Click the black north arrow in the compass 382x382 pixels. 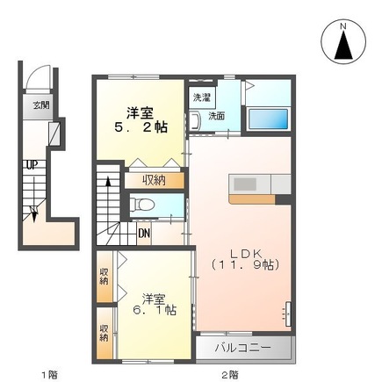click(x=343, y=45)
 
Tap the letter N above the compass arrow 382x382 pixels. click(x=343, y=26)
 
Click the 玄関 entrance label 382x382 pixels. click(x=40, y=105)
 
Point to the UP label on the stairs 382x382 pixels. click(x=32, y=165)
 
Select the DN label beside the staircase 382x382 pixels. click(x=144, y=234)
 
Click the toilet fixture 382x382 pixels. click(x=141, y=204)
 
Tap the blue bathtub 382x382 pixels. click(x=268, y=119)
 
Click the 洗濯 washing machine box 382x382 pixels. click(x=202, y=97)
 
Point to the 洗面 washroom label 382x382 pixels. click(x=217, y=116)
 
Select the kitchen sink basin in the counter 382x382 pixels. click(x=245, y=184)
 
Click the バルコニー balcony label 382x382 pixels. click(x=243, y=348)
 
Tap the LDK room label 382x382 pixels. click(x=245, y=254)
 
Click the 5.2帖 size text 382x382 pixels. click(x=141, y=127)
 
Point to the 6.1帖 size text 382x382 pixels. click(x=155, y=310)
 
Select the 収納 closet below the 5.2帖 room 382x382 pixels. click(x=155, y=181)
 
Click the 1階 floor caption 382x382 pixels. click(x=49, y=374)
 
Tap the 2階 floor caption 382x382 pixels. click(x=229, y=374)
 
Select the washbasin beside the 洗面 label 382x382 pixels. click(x=194, y=121)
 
